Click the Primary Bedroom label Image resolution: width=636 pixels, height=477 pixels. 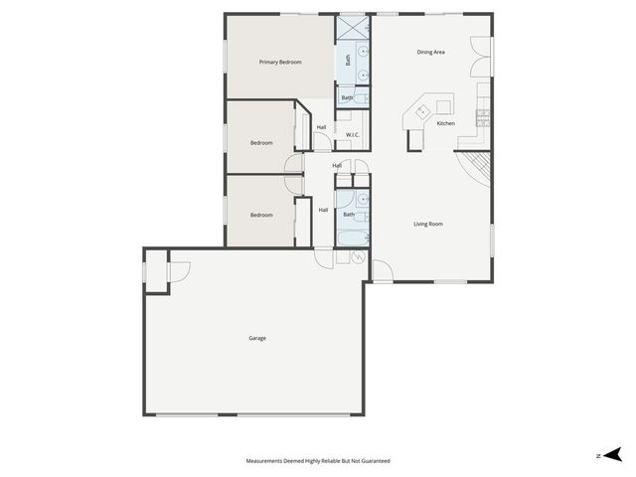280,63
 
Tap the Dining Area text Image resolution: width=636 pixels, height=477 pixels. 430,52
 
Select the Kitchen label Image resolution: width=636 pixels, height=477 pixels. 446,123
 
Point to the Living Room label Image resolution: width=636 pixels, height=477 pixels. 428,224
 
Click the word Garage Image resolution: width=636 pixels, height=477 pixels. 257,338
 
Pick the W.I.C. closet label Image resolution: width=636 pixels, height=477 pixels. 352,134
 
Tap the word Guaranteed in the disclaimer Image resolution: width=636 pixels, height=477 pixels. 372,461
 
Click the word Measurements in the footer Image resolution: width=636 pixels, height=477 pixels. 266,461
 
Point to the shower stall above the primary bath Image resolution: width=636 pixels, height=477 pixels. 353,27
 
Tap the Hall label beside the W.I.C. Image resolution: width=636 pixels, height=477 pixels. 321,127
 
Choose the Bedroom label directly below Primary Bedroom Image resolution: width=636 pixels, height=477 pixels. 261,143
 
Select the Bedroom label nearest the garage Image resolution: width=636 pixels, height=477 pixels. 261,215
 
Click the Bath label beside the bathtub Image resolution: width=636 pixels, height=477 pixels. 349,215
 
